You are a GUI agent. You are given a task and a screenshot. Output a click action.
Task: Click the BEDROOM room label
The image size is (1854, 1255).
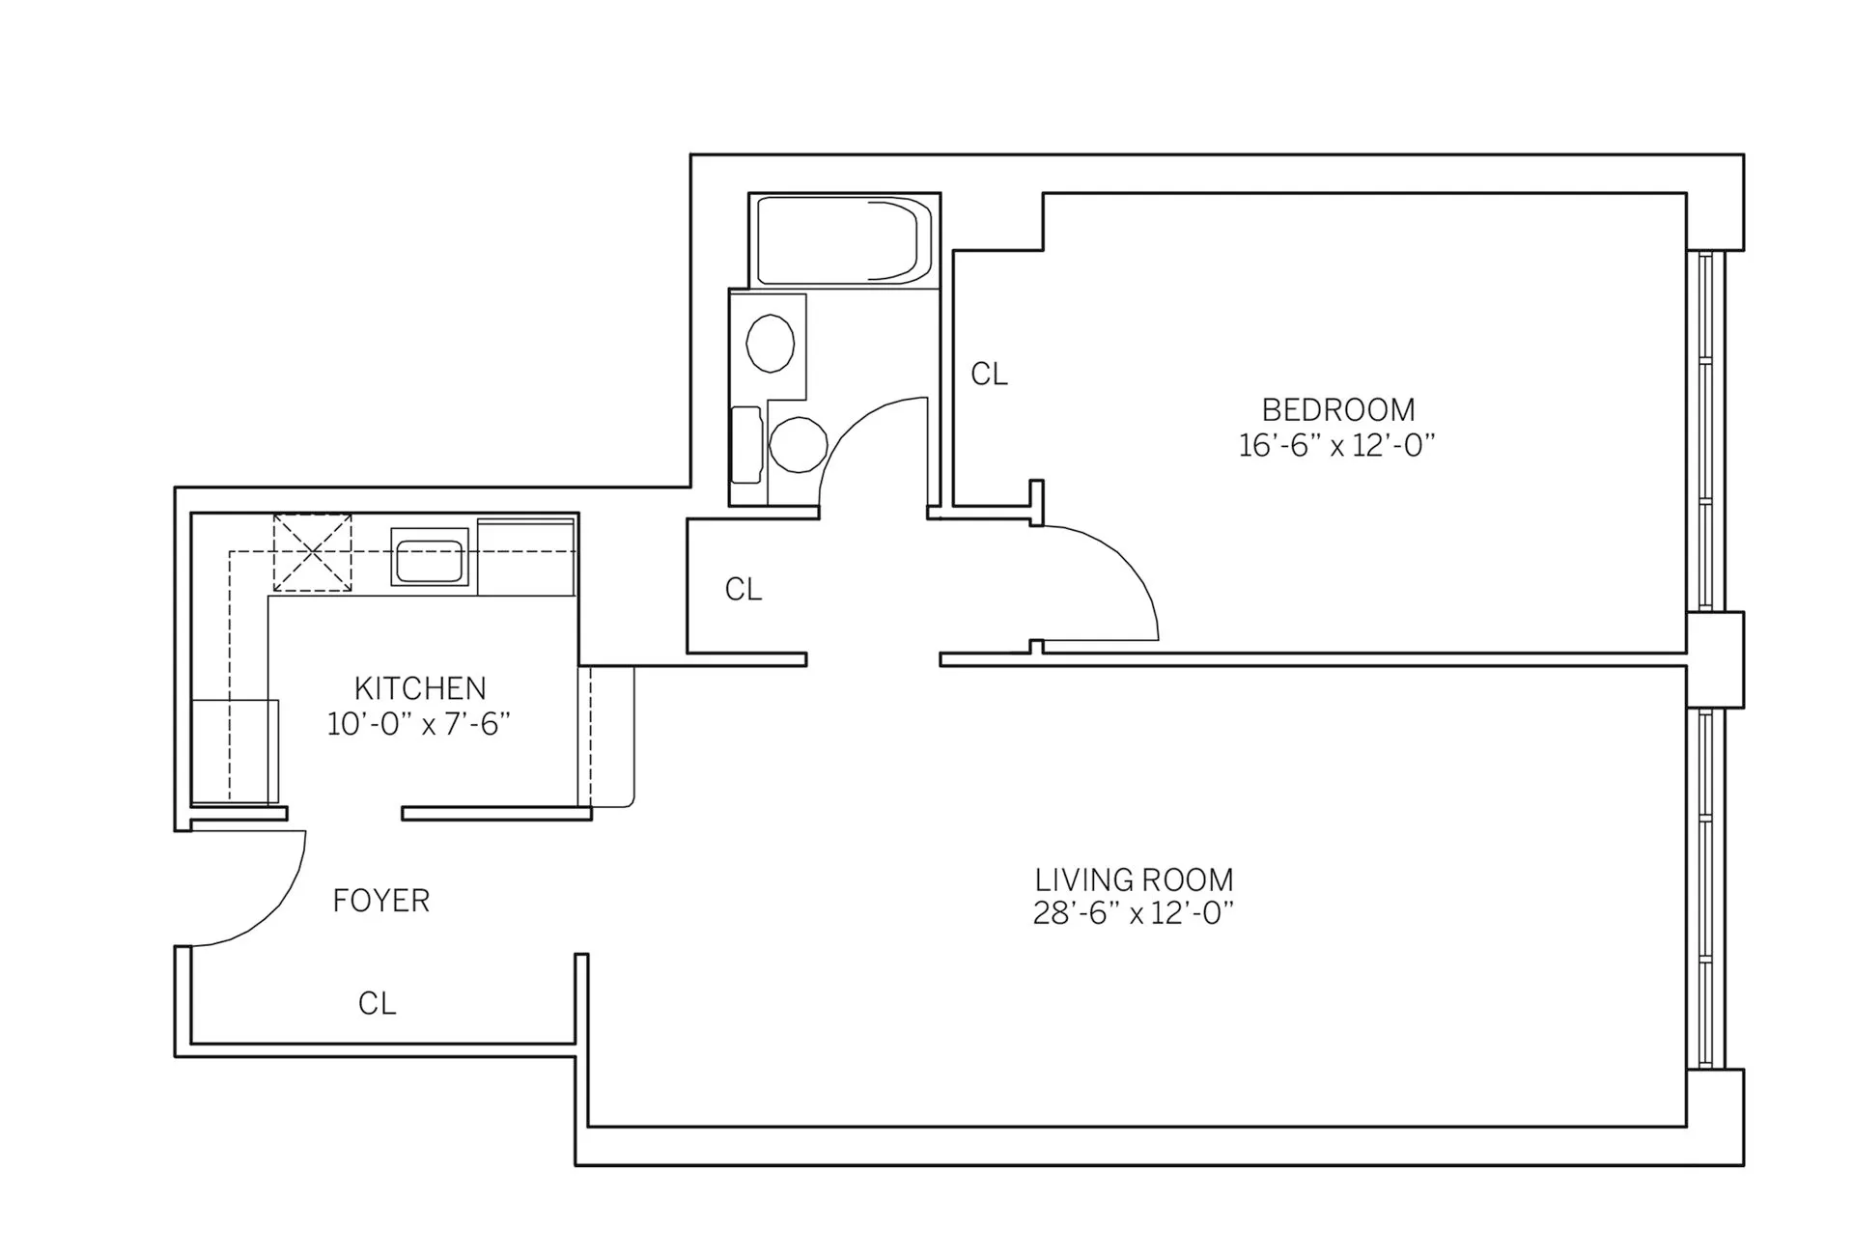coord(1337,410)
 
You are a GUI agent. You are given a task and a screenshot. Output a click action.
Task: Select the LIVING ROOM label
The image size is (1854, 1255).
coord(1134,879)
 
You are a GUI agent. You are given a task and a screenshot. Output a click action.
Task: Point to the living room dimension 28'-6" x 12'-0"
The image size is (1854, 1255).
coord(1134,913)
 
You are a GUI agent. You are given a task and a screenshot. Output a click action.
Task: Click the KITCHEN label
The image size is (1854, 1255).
coord(420,688)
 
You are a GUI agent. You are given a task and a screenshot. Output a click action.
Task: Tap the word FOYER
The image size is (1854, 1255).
coord(380,901)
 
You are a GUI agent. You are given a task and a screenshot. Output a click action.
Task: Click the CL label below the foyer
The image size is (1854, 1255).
coord(377,1004)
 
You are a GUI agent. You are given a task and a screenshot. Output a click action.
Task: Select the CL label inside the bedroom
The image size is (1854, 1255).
coord(989,375)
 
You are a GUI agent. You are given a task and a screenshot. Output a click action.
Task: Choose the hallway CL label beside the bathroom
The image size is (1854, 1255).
coord(744,589)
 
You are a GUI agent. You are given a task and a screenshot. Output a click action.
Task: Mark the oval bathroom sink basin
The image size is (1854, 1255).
coord(771,343)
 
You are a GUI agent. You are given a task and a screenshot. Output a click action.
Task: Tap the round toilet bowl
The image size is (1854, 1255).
coord(798,444)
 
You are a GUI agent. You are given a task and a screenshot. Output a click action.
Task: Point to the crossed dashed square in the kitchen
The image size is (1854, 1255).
coord(312,553)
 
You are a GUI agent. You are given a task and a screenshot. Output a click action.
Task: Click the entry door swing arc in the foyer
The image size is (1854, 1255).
coord(280,907)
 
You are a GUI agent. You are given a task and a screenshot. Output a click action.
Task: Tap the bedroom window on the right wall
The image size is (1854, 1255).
coord(1705,431)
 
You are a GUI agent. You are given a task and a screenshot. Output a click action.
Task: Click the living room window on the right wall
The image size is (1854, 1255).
coord(1705,888)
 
